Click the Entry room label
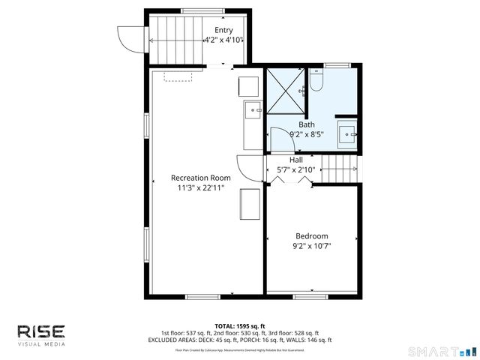223,30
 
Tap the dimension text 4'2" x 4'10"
223,40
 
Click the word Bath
307,124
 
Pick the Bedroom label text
311,235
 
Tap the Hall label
296,159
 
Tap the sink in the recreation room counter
253,111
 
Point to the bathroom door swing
280,139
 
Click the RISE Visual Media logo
42,334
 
